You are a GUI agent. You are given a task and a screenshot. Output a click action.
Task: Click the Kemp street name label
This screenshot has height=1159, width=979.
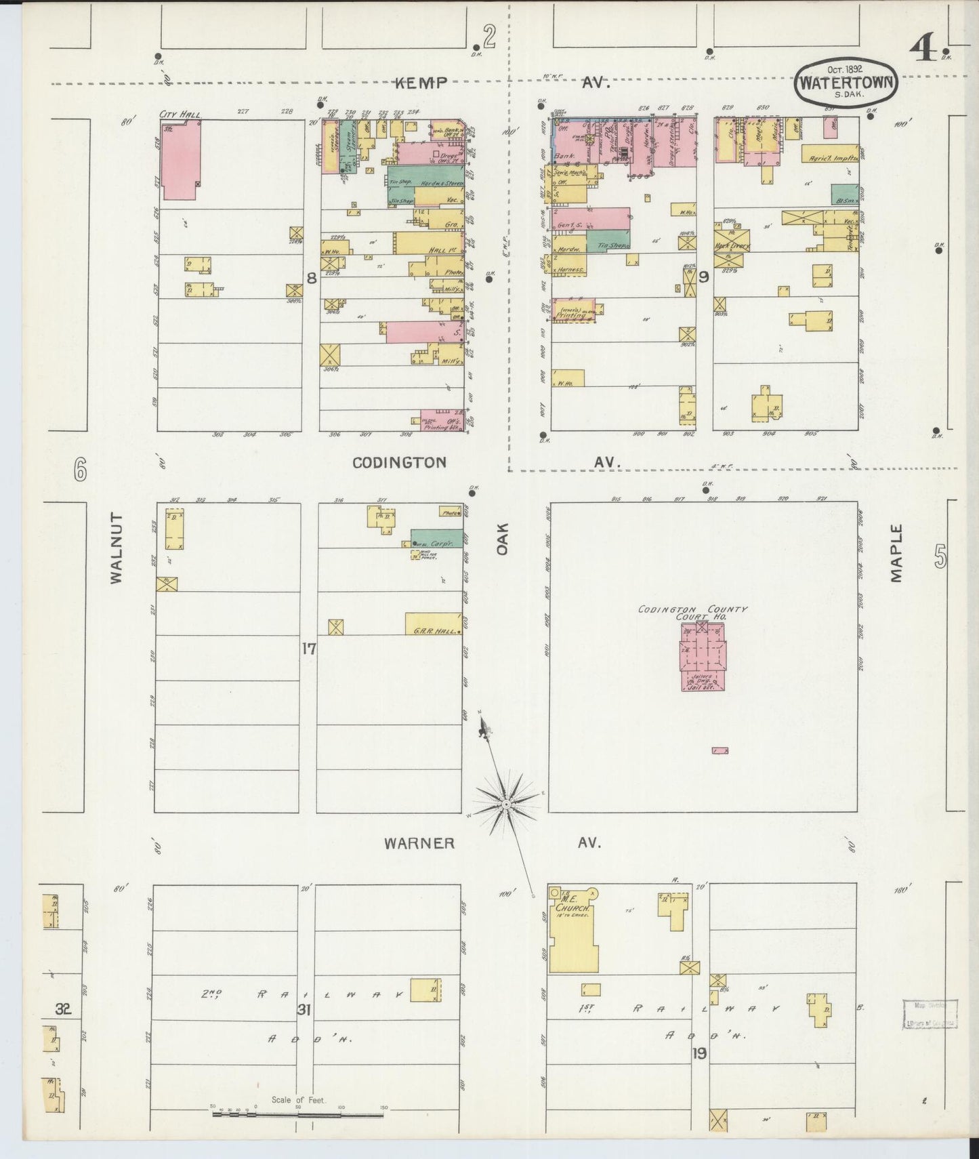(x=422, y=83)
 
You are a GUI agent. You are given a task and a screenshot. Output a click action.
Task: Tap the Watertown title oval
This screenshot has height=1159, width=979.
(x=847, y=85)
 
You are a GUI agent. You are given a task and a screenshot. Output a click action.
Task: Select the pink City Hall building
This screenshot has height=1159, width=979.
(x=180, y=159)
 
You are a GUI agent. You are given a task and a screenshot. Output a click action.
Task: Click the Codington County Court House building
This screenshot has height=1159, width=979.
(x=702, y=656)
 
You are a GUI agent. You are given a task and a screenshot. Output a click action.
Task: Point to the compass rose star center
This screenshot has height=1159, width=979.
(x=506, y=804)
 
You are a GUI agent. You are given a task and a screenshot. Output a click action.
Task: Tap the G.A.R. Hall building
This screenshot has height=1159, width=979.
(x=434, y=623)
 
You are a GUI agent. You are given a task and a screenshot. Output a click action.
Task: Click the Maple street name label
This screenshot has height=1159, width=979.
(x=897, y=552)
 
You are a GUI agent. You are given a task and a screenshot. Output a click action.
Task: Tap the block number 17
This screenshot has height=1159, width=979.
(x=309, y=649)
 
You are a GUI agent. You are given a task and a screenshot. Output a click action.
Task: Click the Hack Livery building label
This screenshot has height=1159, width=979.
(x=730, y=246)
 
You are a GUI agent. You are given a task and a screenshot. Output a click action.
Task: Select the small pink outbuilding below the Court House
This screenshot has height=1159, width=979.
(x=720, y=750)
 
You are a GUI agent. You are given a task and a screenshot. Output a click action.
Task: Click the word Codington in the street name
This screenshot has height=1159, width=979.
(x=399, y=463)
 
